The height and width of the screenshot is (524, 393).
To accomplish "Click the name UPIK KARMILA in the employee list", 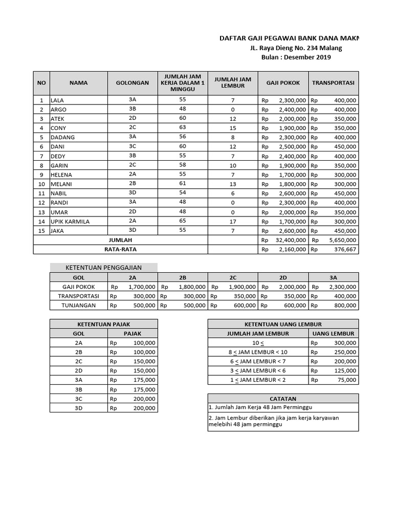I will pos(70,221).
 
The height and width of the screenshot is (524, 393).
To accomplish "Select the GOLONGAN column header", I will pos(133,82).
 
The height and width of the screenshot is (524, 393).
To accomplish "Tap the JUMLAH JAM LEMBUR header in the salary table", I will pos(231,82).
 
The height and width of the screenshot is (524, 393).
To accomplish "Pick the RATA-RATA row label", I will pos(120,249).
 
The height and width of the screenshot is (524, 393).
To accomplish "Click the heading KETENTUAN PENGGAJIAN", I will pos(104,267).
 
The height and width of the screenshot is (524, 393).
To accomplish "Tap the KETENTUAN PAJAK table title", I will pos(104,324).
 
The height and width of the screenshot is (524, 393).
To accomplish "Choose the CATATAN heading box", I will pos(283,399).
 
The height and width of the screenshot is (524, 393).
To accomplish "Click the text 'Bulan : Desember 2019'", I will pos(296,57).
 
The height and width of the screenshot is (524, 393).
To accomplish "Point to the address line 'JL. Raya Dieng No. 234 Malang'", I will pos(296,48).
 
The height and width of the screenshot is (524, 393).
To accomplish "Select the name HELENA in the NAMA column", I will pos(61,174).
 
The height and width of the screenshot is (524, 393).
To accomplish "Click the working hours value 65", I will pos(183,221).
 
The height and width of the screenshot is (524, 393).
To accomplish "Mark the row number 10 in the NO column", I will pos(41,184).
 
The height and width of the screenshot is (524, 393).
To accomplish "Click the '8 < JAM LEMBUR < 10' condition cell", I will pos(258,352).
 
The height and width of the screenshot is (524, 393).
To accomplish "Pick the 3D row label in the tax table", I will pos(79,408).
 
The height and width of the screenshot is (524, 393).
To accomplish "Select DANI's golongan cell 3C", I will pos(133,146).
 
